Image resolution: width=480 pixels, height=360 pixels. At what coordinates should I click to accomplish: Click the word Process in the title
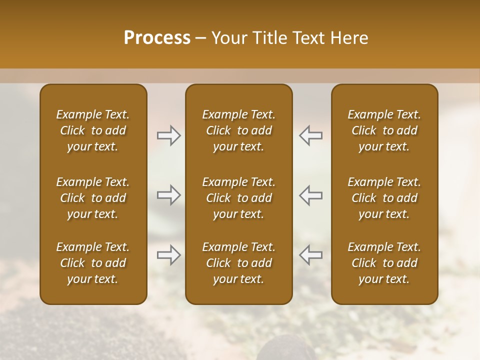click(157, 38)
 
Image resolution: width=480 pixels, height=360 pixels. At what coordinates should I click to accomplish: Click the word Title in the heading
click(267, 38)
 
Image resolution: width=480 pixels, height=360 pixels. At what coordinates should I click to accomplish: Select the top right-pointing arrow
click(169, 135)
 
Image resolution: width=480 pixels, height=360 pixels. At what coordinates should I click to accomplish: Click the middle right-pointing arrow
click(169, 195)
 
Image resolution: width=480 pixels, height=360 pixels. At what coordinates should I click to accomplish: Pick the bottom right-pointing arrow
click(169, 254)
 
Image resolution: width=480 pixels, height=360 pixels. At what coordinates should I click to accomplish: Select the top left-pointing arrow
click(310, 135)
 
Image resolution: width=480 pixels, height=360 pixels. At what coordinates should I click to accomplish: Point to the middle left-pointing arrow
click(310, 195)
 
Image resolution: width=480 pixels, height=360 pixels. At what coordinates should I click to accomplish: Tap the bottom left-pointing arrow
click(310, 254)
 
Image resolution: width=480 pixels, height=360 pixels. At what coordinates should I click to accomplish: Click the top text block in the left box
click(93, 130)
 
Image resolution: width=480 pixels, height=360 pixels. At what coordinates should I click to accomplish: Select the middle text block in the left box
click(93, 198)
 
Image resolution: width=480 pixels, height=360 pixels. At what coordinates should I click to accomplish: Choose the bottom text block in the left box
click(93, 263)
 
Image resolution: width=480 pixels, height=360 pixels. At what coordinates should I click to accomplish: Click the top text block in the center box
click(238, 130)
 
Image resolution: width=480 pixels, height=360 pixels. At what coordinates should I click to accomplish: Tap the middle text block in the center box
click(238, 198)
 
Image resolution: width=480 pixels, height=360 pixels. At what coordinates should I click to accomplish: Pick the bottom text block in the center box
click(238, 263)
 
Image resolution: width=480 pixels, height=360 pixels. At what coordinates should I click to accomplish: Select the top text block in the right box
click(384, 130)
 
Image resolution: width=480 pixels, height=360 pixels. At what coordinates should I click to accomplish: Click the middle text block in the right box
click(384, 198)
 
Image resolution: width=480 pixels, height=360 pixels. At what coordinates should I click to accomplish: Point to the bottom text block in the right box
click(384, 263)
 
